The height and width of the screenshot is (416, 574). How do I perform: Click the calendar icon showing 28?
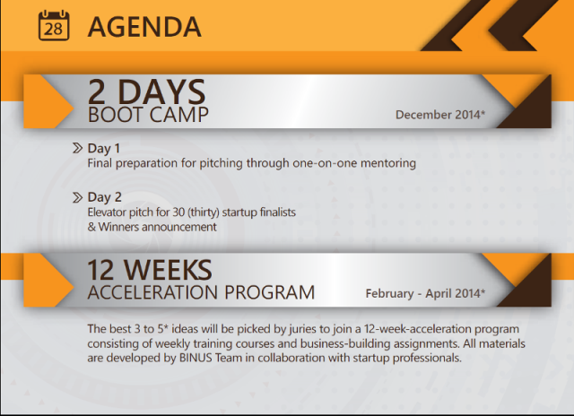(x=54, y=25)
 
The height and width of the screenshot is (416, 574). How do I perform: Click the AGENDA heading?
(x=144, y=27)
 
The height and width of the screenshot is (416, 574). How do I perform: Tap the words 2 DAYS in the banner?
(x=146, y=91)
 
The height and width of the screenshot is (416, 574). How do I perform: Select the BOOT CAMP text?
(x=148, y=115)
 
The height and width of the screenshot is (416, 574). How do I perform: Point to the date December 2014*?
(x=440, y=115)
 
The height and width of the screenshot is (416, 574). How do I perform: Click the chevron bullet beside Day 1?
(x=77, y=148)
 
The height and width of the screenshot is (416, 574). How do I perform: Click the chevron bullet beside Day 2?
(x=77, y=197)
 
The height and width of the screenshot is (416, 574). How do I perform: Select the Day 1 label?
(x=104, y=148)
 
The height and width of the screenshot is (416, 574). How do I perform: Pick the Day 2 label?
(x=104, y=197)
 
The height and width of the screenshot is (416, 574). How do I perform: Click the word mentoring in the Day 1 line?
(x=388, y=163)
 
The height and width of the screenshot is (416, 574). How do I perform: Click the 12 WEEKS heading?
(x=150, y=270)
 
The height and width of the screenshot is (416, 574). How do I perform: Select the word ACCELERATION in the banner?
(x=152, y=292)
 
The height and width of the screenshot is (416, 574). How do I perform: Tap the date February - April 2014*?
(x=425, y=293)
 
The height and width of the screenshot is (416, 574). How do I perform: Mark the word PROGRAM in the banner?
(x=269, y=292)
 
